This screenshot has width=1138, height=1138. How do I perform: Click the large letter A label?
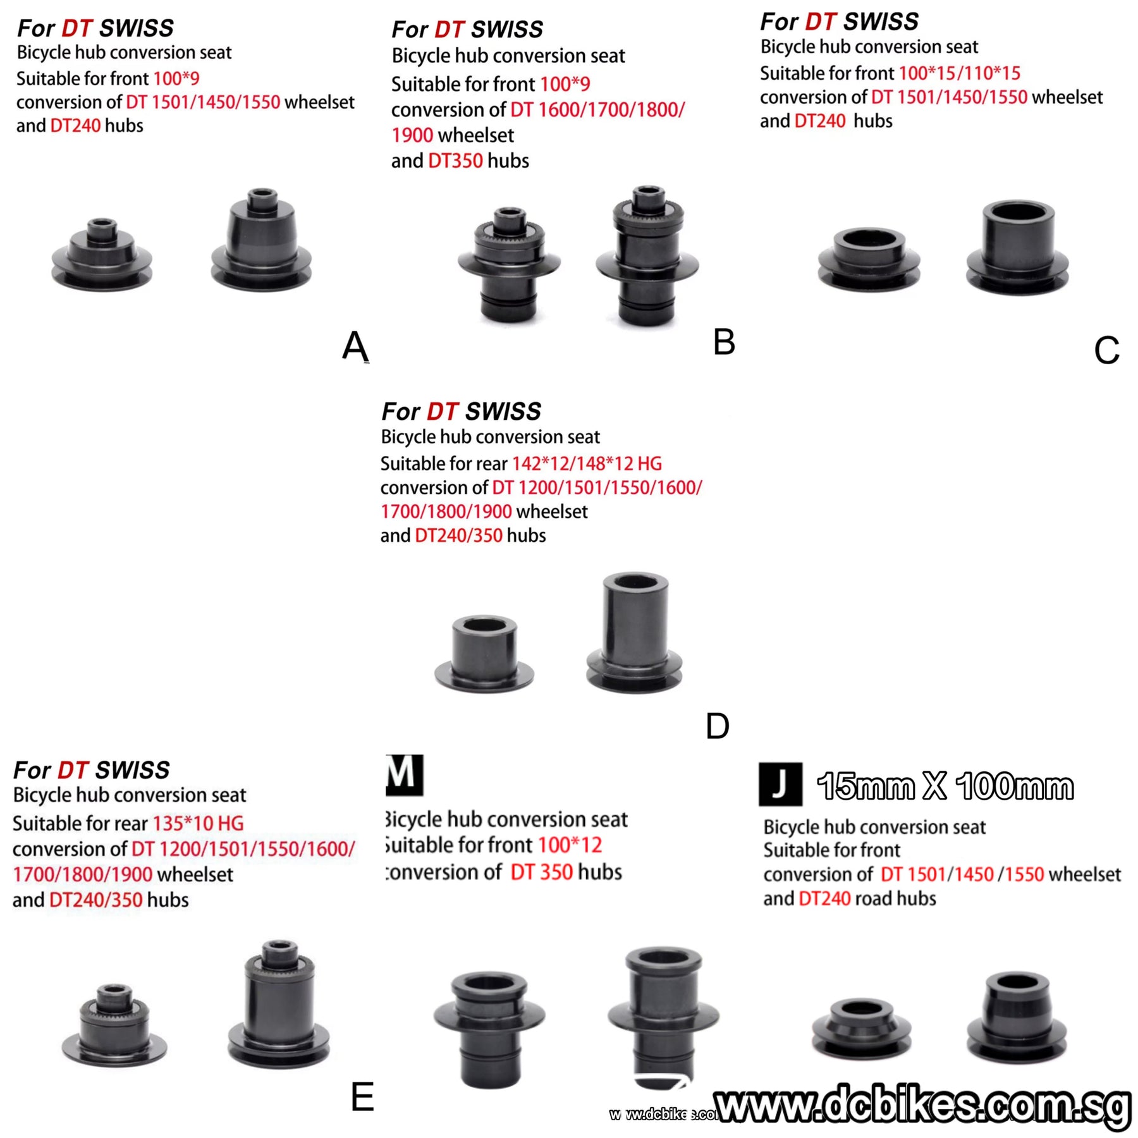355,346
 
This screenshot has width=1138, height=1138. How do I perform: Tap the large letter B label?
724,342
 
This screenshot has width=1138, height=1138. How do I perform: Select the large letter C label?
1106,350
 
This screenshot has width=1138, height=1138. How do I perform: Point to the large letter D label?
717,726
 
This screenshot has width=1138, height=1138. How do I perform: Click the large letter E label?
362,1097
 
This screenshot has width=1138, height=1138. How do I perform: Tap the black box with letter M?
404,774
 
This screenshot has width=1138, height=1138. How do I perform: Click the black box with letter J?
780,785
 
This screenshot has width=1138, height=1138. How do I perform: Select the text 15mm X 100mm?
945,787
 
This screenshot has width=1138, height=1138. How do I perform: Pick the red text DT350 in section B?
455,161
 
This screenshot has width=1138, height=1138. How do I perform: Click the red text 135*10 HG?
198,824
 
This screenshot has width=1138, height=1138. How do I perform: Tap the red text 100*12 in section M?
570,845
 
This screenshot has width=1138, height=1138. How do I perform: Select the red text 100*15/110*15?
959,73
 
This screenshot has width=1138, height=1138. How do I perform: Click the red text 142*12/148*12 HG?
586,464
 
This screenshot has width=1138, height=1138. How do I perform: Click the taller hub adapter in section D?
634,632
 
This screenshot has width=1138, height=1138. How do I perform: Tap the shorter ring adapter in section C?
869,259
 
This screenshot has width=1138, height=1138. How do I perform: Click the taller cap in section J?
1016,1018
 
